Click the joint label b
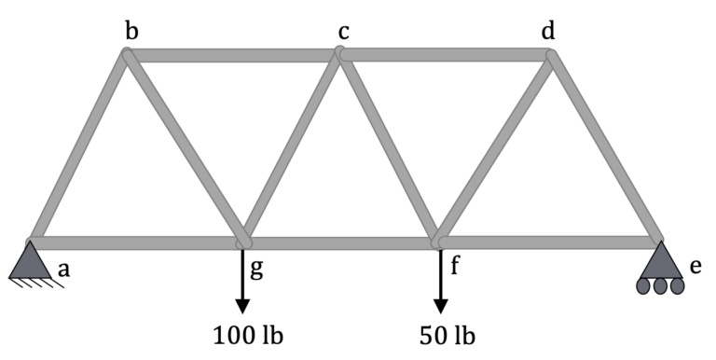[132, 32]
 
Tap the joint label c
[343, 33]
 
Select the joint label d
[548, 32]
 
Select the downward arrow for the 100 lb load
[242, 281]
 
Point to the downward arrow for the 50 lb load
[440, 281]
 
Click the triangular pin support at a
[31, 261]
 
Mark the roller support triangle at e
[661, 259]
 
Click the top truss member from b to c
[233, 56]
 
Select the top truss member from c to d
[446, 56]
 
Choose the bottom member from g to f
[340, 243]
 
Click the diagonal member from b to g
[185, 147]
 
